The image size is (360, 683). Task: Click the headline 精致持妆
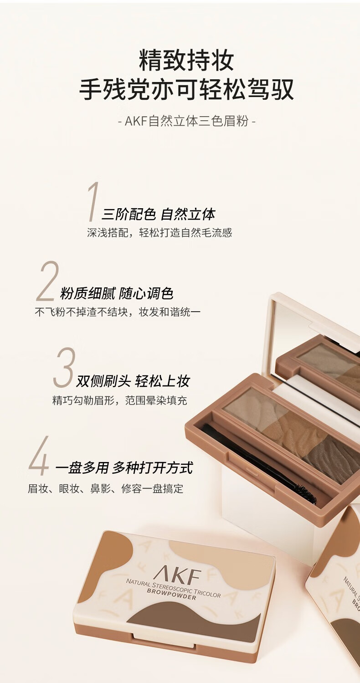(186, 61)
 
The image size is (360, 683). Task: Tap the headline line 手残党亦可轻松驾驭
(186, 89)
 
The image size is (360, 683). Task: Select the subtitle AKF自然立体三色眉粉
(186, 121)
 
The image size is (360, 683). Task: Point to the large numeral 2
(47, 281)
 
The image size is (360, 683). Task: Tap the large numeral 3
(64, 367)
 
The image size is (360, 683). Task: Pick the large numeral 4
(39, 456)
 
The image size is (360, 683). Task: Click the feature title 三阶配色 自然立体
(158, 214)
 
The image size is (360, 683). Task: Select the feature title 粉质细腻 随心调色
(117, 293)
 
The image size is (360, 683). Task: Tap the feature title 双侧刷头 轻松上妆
(133, 381)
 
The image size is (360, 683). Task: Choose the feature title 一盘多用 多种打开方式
(124, 468)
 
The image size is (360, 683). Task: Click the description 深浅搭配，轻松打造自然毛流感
(159, 233)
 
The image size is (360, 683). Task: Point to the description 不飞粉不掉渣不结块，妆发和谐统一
(118, 312)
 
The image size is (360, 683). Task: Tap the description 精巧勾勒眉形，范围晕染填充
(119, 401)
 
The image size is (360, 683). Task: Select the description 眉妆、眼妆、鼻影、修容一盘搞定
(105, 488)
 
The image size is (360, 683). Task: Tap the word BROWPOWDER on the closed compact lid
(171, 595)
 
